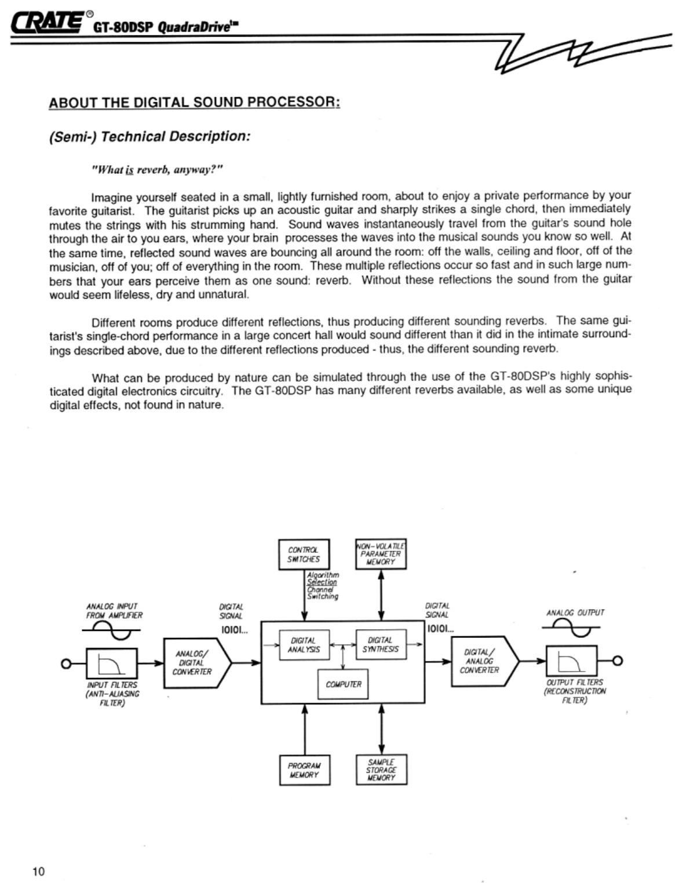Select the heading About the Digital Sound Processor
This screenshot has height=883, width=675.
(194, 103)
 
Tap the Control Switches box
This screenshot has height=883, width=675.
(303, 555)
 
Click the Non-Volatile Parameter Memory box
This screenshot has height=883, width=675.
(381, 554)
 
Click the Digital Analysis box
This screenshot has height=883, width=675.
(303, 645)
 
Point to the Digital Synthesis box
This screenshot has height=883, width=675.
(380, 645)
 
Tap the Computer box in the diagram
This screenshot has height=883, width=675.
(343, 684)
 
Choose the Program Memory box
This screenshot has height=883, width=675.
(304, 770)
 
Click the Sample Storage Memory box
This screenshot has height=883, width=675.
(381, 770)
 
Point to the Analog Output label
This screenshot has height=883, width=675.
(575, 612)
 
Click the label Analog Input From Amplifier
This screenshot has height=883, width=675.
(114, 611)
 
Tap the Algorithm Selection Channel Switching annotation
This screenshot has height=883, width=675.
(322, 585)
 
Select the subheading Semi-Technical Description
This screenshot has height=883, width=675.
(149, 137)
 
